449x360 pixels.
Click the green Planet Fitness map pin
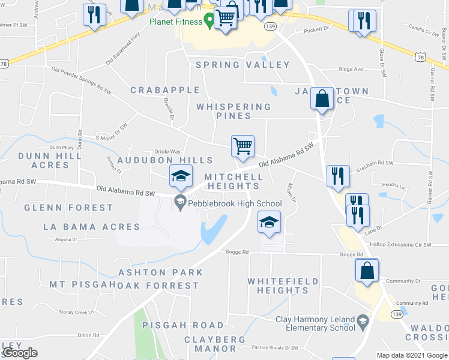point(209,21)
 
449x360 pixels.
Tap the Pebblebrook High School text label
point(234,204)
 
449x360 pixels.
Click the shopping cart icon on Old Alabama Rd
point(243,146)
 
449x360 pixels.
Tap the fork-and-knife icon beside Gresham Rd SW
point(338,176)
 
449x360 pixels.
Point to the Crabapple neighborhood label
point(166,90)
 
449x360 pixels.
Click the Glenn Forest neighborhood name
point(68,208)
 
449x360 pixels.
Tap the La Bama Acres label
point(92,227)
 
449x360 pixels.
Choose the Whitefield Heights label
point(279,286)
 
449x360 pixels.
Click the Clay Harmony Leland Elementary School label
point(316,323)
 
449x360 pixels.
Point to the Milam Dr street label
point(292,193)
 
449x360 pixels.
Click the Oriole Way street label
point(167,152)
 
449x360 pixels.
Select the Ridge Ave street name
point(351,70)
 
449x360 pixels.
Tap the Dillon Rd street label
point(88,335)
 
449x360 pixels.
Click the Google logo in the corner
point(20,353)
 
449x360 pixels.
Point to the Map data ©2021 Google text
point(411,355)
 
